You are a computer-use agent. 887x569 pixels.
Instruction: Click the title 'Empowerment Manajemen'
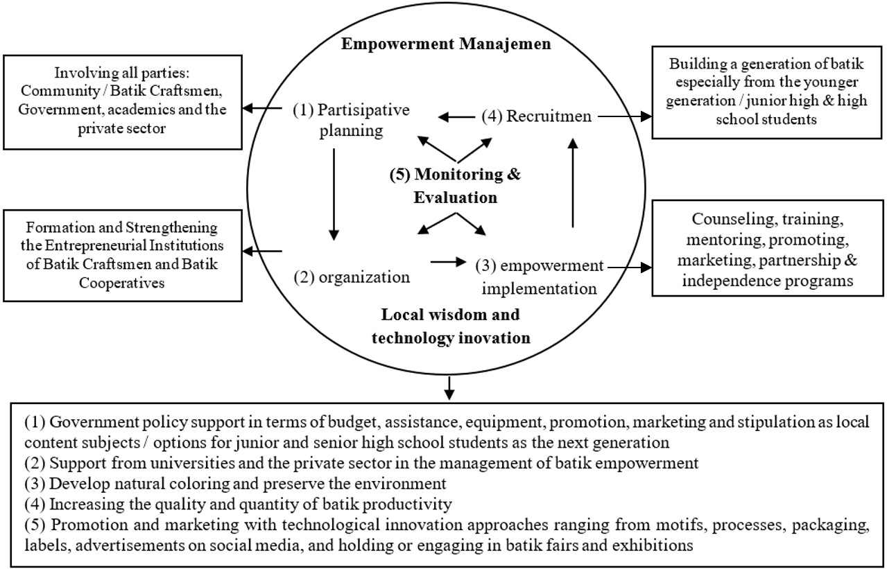pyautogui.click(x=446, y=44)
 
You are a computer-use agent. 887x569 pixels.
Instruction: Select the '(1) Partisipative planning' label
pyautogui.click(x=351, y=120)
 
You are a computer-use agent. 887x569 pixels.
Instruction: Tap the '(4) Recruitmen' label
pyautogui.click(x=537, y=116)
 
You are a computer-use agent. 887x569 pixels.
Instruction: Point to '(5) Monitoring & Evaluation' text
pyautogui.click(x=456, y=186)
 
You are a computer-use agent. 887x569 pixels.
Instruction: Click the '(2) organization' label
pyautogui.click(x=352, y=277)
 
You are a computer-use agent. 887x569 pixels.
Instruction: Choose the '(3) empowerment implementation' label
pyautogui.click(x=540, y=277)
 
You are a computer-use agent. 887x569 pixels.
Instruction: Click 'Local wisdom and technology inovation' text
pyautogui.click(x=451, y=326)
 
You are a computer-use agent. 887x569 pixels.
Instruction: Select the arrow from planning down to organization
pyautogui.click(x=334, y=194)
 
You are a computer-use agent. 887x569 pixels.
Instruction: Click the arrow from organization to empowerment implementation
pyautogui.click(x=448, y=261)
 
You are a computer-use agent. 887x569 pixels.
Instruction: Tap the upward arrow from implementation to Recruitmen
pyautogui.click(x=573, y=182)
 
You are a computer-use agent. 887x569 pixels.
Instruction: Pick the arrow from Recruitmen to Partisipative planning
pyautogui.click(x=456, y=116)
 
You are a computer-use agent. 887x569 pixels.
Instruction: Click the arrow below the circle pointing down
pyautogui.click(x=449, y=388)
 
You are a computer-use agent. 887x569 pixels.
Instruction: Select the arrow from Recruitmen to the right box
pyautogui.click(x=624, y=116)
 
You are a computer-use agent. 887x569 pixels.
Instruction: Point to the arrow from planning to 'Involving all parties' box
pyautogui.click(x=261, y=108)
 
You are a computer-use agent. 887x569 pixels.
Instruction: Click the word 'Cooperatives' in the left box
pyautogui.click(x=121, y=283)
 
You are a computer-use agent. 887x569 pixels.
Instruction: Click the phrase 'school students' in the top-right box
pyautogui.click(x=766, y=119)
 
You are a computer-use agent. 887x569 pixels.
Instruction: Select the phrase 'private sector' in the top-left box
pyautogui.click(x=121, y=128)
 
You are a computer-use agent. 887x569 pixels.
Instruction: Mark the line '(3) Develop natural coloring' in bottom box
pyautogui.click(x=127, y=484)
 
